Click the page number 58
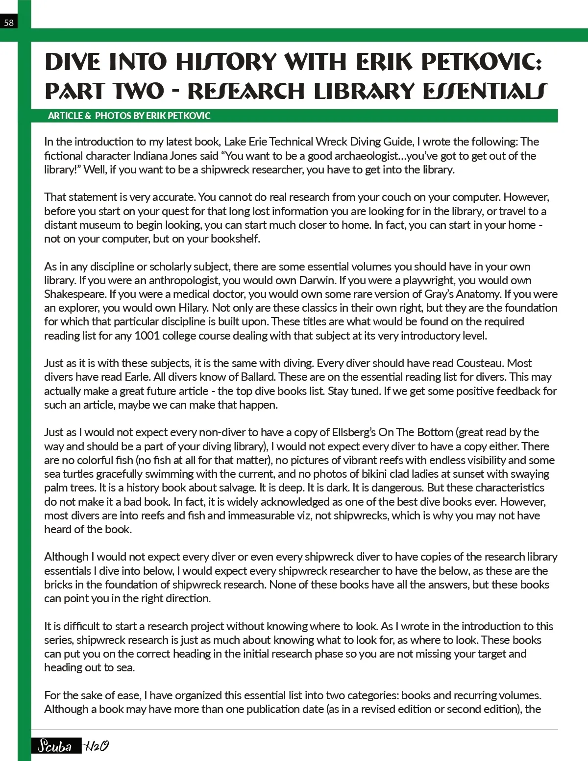click(9, 23)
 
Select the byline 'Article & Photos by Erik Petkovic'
click(129, 116)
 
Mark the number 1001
click(147, 336)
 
